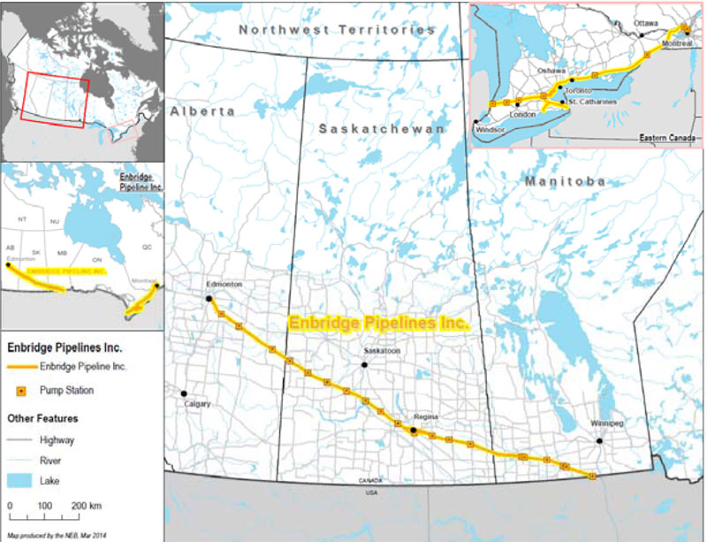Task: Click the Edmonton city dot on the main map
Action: point(209,299)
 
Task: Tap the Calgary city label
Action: point(197,404)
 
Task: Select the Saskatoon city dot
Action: point(365,363)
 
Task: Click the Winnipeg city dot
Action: point(598,439)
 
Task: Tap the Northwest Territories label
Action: point(337,29)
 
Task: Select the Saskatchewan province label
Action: point(382,129)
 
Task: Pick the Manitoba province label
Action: point(565,181)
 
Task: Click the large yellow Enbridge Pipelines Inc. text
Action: point(378,324)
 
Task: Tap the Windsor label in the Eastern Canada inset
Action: point(489,129)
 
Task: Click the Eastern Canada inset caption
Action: point(667,139)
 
